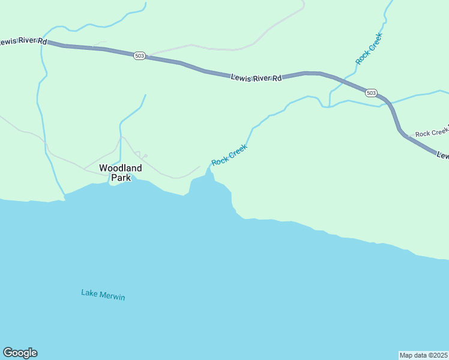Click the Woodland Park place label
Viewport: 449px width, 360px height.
tap(120, 173)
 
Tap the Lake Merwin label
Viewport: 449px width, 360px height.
tap(103, 295)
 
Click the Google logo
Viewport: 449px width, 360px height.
tap(20, 353)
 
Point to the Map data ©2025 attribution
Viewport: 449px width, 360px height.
tap(424, 355)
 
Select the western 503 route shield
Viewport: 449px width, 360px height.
tap(139, 56)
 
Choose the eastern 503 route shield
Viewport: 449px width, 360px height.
tap(372, 92)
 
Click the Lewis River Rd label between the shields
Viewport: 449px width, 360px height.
tap(256, 78)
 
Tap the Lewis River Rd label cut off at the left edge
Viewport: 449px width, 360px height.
tap(23, 41)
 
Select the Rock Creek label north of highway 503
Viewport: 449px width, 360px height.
tap(369, 49)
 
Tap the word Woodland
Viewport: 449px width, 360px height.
tap(120, 168)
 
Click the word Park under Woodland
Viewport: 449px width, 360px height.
tap(120, 178)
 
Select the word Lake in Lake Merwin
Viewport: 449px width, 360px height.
tap(89, 293)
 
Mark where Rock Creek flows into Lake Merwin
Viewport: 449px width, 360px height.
tap(209, 170)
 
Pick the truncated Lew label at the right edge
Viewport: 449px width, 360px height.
tap(443, 155)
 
